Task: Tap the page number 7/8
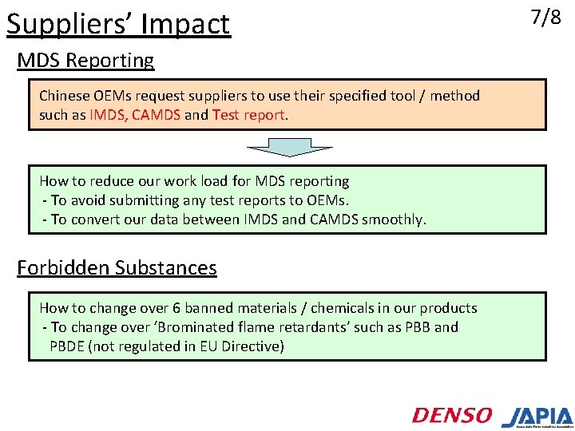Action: click(x=545, y=18)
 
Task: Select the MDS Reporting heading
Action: click(x=85, y=61)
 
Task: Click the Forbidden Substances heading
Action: click(x=117, y=267)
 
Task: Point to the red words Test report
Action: click(x=248, y=115)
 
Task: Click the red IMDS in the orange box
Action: click(x=106, y=115)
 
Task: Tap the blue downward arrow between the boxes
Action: click(x=289, y=148)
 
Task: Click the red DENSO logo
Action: click(x=452, y=415)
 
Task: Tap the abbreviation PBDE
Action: click(x=69, y=346)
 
